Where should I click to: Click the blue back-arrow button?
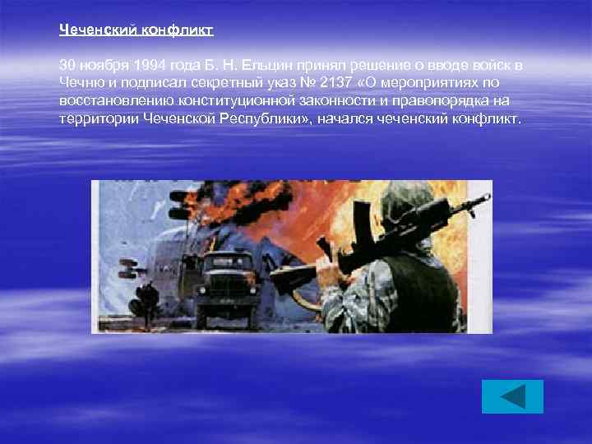512,396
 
